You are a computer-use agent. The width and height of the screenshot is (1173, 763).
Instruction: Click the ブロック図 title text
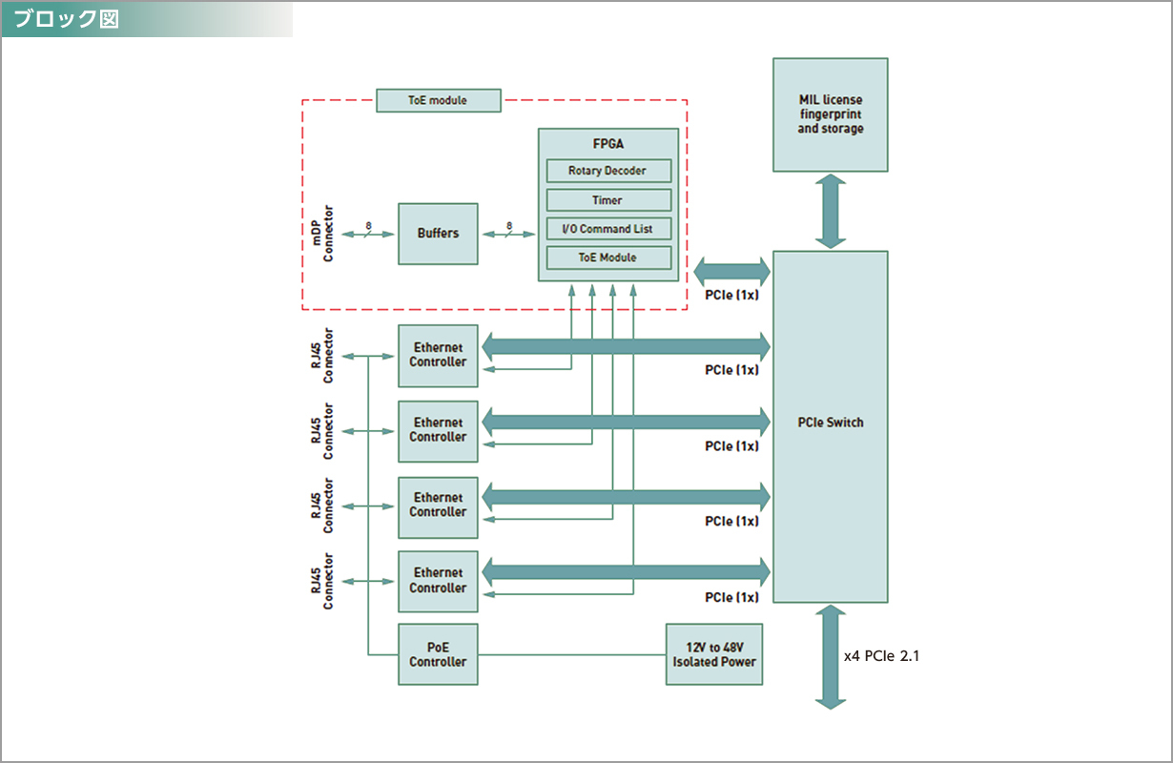67,19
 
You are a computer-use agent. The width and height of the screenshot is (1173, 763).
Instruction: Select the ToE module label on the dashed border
438,100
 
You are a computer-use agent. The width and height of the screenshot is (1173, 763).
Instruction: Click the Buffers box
438,233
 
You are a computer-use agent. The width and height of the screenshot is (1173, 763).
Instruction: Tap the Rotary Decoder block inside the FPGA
607,171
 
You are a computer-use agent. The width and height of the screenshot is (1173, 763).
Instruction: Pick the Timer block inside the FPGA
607,200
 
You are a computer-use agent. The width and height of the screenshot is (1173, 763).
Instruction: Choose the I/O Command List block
607,229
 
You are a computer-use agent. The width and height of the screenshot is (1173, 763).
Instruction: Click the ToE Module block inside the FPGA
607,258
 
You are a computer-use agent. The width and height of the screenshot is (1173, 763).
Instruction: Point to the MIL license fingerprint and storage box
830,114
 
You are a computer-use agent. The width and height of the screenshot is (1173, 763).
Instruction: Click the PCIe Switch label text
830,423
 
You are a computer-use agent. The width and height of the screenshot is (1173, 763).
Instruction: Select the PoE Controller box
438,654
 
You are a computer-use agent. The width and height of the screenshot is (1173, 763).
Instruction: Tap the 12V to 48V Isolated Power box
714,654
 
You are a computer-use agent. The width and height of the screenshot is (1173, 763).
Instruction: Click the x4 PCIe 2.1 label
882,656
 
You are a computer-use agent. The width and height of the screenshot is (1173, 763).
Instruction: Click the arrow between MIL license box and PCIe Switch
831,211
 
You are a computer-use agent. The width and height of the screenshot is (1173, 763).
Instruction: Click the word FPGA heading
607,145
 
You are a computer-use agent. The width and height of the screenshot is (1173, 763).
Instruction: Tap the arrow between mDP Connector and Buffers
367,234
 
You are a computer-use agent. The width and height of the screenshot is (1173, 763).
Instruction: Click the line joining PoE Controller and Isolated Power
571,654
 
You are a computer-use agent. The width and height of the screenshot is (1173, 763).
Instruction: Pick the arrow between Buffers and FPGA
507,234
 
